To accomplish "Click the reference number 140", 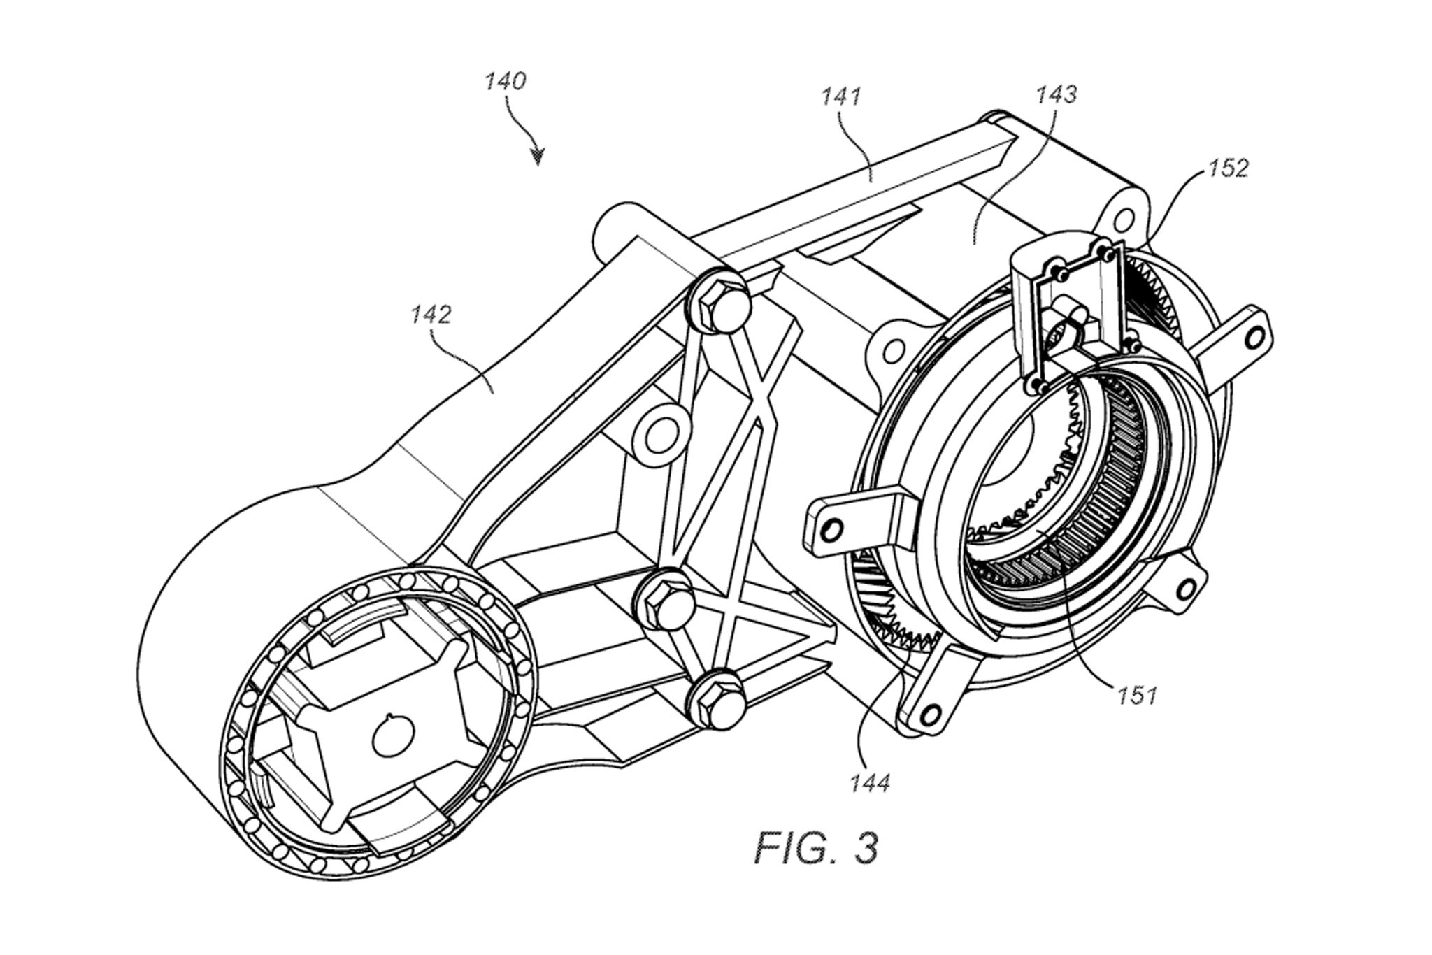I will click(505, 82).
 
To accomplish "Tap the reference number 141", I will click(841, 96).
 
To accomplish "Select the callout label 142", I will click(431, 315).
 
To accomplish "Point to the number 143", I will click(1057, 94).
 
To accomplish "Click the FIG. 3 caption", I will click(815, 847).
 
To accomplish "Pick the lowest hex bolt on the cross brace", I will click(713, 695).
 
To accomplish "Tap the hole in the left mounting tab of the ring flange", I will click(831, 531).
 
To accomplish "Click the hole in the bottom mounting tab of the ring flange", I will click(930, 713).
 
